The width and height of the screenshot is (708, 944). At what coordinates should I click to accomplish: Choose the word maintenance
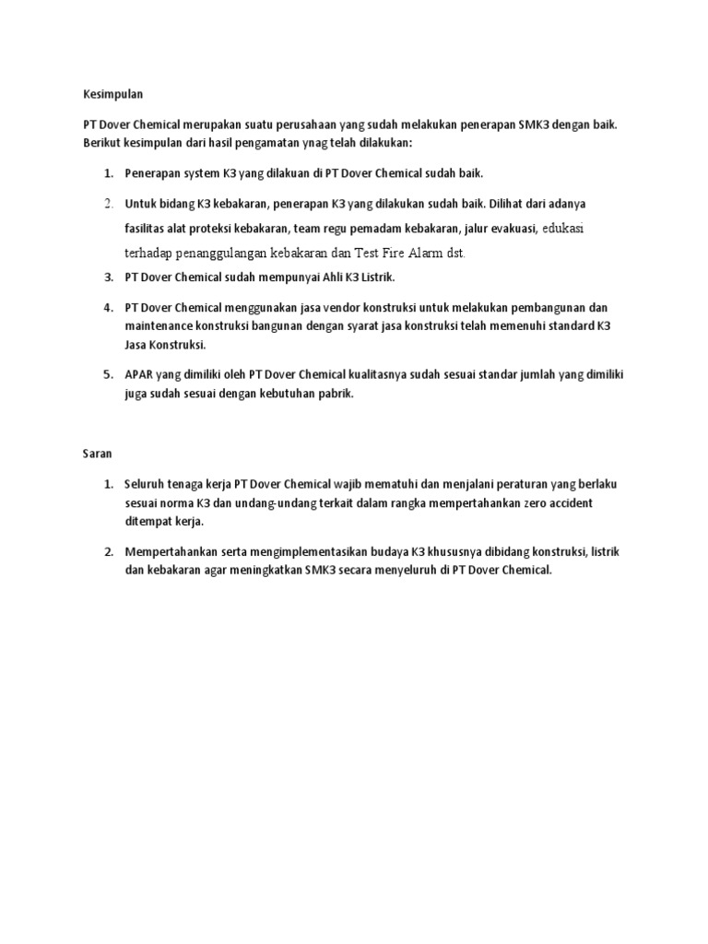pyautogui.click(x=160, y=325)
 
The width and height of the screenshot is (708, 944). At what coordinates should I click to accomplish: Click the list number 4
pyautogui.click(x=107, y=307)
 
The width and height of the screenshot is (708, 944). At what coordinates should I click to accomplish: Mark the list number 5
pyautogui.click(x=107, y=374)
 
